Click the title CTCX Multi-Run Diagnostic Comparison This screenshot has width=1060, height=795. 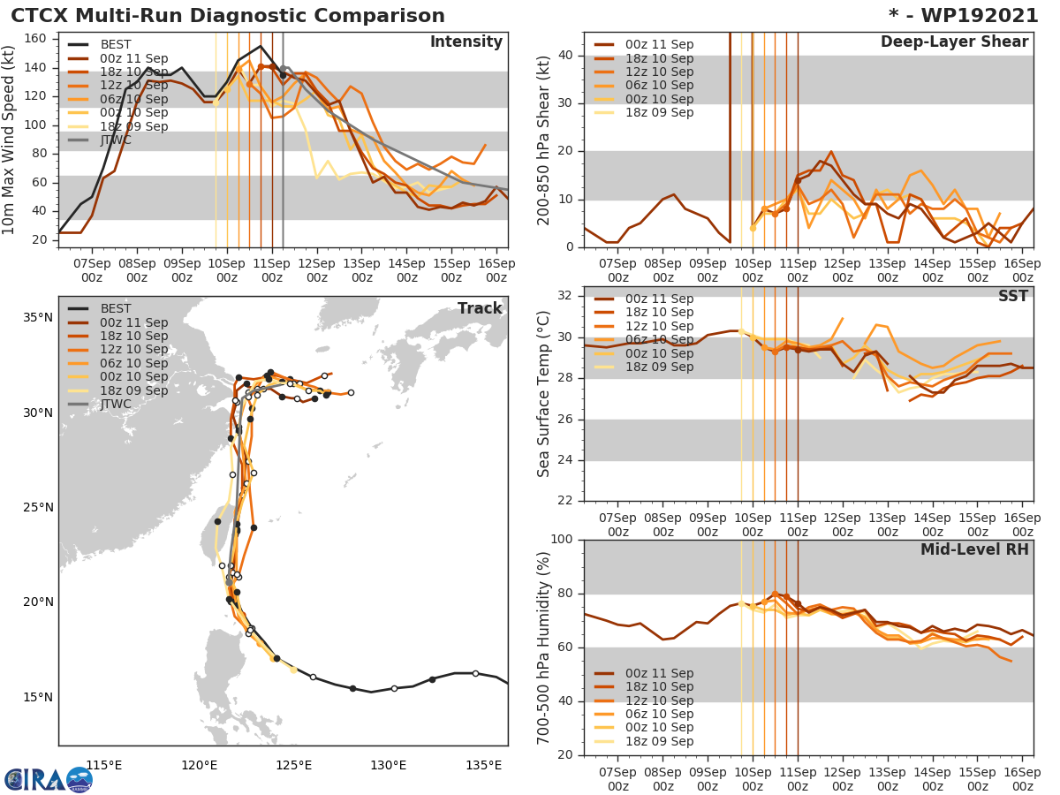tap(228, 16)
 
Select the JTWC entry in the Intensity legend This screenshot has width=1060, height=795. tap(116, 140)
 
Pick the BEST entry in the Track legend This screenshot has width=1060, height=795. tap(116, 308)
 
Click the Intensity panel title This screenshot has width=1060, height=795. tap(466, 42)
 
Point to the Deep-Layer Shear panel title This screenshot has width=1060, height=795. tap(954, 42)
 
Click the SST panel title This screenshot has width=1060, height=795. tap(1013, 296)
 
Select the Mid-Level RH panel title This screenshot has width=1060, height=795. tap(974, 549)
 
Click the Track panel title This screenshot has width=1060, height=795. tap(480, 308)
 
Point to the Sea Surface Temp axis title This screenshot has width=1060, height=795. tap(544, 394)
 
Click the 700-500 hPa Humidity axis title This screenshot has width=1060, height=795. tap(544, 647)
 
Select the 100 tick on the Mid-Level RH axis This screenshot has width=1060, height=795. tap(563, 540)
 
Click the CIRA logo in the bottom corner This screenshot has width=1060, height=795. tap(49, 779)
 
